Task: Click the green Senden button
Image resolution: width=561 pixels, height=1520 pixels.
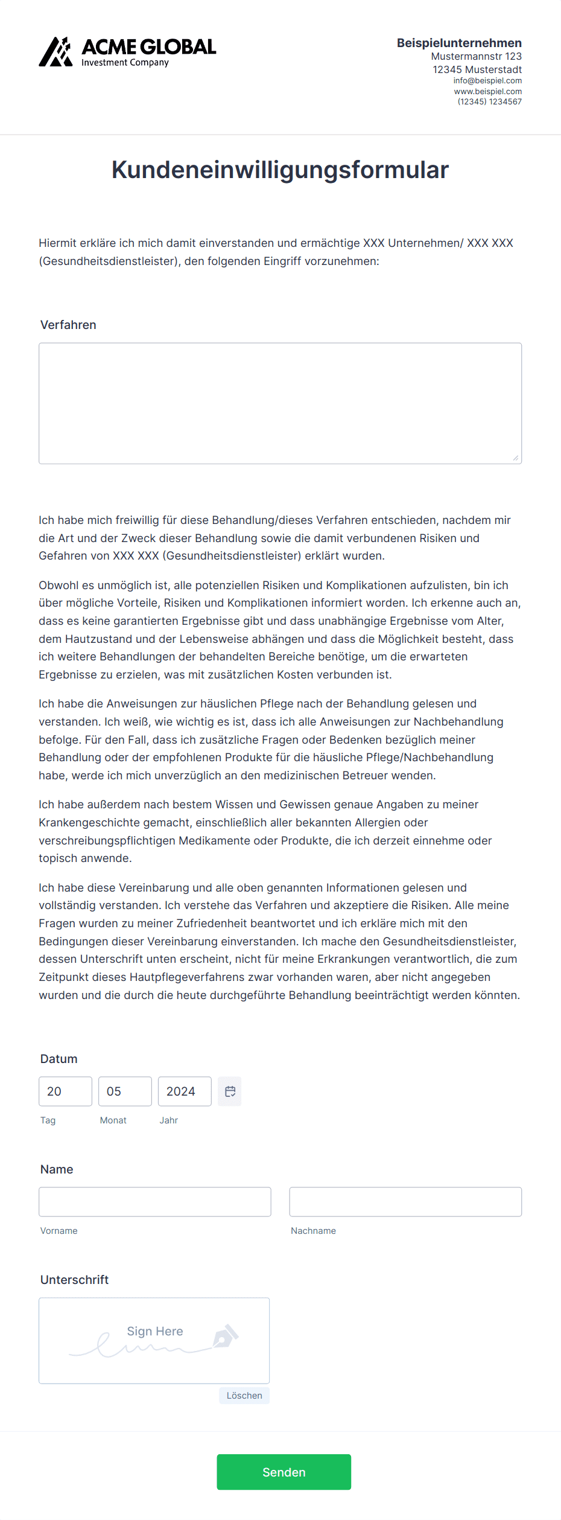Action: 284,1472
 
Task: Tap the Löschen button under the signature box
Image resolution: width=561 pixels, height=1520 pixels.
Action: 244,1395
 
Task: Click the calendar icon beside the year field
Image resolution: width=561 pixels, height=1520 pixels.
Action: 230,1091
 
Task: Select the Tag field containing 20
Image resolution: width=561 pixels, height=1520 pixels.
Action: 65,1091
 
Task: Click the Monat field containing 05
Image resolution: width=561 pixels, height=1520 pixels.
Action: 125,1091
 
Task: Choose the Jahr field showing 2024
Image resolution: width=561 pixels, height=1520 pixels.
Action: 185,1091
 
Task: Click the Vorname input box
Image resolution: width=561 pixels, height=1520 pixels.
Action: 155,1202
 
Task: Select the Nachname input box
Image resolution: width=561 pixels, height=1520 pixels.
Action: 405,1202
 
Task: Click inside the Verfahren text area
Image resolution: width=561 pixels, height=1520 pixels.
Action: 280,403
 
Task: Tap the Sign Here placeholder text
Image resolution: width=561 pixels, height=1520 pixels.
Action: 155,1331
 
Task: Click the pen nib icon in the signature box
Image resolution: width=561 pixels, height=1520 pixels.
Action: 226,1336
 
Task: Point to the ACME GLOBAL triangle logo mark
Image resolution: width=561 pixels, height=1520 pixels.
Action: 55,52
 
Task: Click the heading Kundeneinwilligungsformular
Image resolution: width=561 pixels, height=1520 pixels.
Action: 280,170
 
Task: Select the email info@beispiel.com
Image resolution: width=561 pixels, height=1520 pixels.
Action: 487,81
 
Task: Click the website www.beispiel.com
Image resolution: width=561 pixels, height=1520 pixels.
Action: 487,92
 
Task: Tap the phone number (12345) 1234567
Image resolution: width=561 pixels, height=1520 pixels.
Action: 489,102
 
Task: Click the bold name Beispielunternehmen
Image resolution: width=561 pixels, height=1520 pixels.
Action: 459,43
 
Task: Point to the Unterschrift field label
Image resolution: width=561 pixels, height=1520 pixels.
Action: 74,1280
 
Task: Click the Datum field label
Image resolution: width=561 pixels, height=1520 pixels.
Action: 59,1059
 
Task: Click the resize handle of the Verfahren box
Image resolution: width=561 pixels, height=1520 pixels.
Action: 516,458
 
